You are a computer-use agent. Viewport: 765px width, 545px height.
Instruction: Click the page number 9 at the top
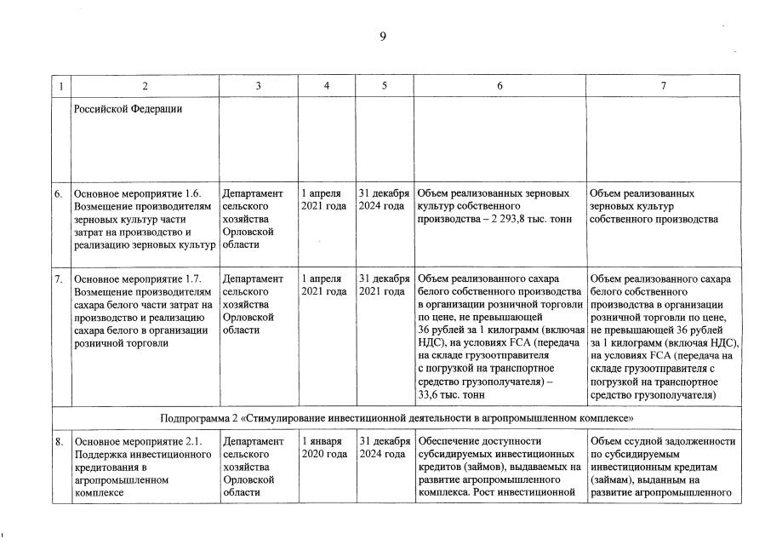click(383, 35)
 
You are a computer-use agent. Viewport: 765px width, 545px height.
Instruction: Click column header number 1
click(59, 86)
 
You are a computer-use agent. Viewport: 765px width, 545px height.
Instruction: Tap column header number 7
click(663, 86)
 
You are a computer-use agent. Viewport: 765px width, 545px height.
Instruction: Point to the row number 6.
click(59, 193)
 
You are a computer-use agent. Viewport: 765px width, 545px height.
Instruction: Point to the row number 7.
click(59, 278)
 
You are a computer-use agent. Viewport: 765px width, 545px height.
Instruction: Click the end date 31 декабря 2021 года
click(384, 285)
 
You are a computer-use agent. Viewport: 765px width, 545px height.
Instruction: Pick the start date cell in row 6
click(324, 200)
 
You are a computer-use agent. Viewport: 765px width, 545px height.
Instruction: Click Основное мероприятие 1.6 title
click(138, 193)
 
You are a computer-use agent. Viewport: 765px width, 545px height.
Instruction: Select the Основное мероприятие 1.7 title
click(138, 278)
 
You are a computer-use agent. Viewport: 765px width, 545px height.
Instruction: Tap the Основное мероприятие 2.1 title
click(138, 441)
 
